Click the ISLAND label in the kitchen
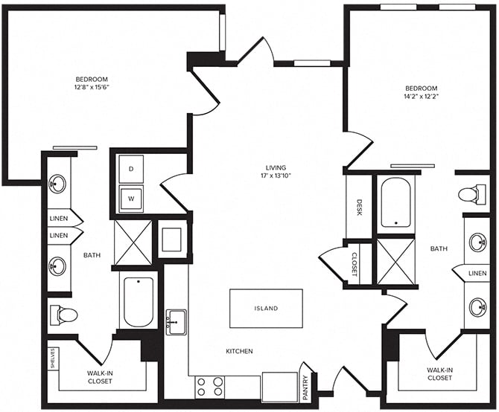pyautogui.click(x=266, y=308)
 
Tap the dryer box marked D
pyautogui.click(x=132, y=170)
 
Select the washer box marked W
pyautogui.click(x=132, y=199)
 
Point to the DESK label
pyautogui.click(x=359, y=207)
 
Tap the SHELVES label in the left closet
pyautogui.click(x=53, y=357)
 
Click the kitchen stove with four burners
pyautogui.click(x=210, y=387)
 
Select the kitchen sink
pyautogui.click(x=177, y=322)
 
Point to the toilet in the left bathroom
pyautogui.click(x=63, y=315)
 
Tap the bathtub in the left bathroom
pyautogui.click(x=138, y=301)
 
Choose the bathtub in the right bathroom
pyautogui.click(x=395, y=202)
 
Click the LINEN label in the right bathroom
pyautogui.click(x=477, y=274)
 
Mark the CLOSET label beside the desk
pyautogui.click(x=354, y=263)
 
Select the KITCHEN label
pyautogui.click(x=239, y=351)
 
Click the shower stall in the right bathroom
pyautogui.click(x=395, y=260)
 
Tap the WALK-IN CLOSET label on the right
pyautogui.click(x=439, y=373)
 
